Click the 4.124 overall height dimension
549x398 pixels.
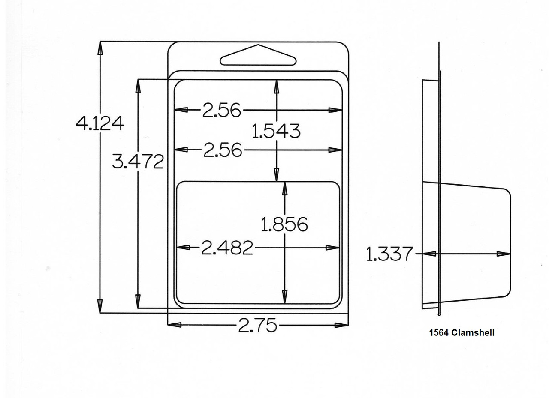point(100,123)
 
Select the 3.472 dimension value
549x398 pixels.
point(138,162)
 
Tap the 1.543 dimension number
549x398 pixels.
point(276,131)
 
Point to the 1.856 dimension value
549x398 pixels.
point(284,224)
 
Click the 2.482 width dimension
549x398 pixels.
point(227,248)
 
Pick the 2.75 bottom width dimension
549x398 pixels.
point(257,325)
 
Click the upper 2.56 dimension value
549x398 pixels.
point(222,110)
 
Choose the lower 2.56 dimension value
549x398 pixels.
point(223,150)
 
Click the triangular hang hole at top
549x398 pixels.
point(258,55)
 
